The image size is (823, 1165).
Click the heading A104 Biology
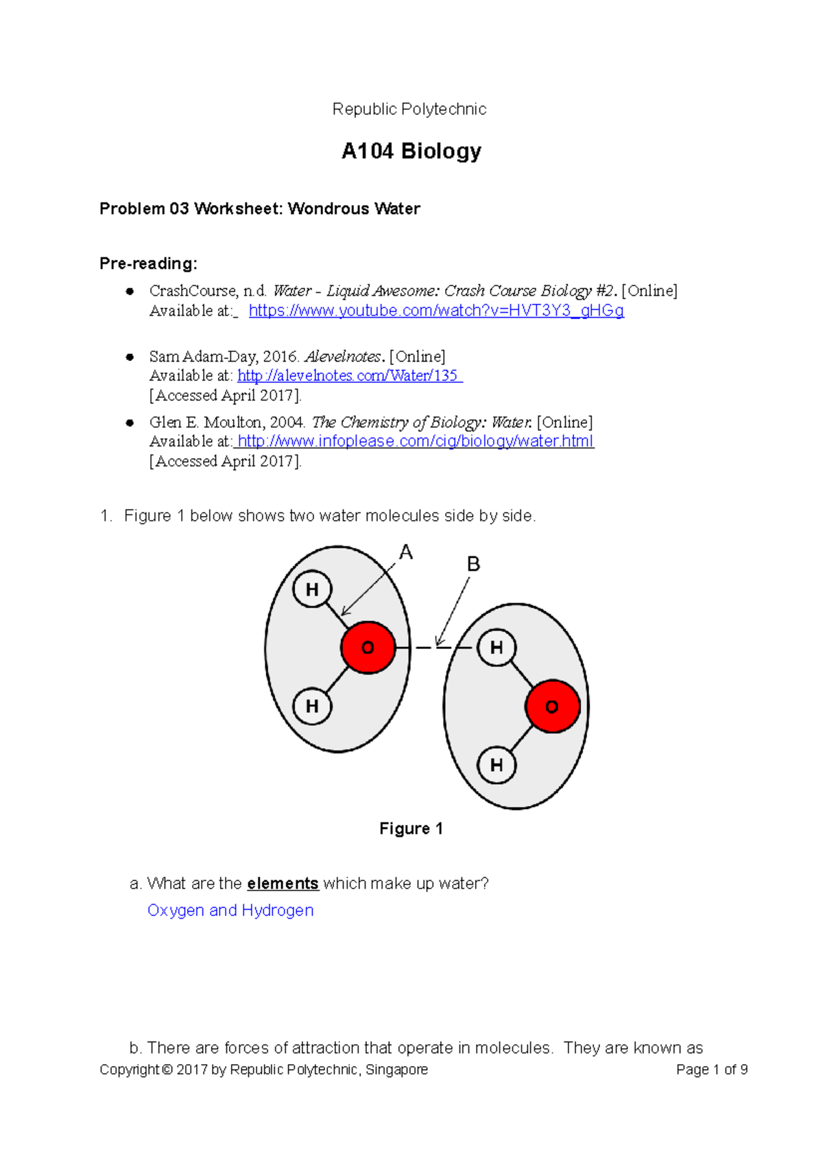(x=411, y=151)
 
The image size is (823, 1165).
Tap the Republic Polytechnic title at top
(x=409, y=109)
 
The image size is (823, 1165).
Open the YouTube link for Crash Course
(x=436, y=311)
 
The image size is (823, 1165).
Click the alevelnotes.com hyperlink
(x=349, y=376)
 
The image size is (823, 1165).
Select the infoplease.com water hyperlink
(x=415, y=441)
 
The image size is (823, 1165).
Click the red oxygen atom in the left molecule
(x=368, y=648)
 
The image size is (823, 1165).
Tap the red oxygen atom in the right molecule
(x=552, y=707)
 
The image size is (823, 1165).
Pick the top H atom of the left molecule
(x=312, y=589)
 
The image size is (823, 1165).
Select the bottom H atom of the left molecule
(x=312, y=706)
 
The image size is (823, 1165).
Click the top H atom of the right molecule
(x=497, y=648)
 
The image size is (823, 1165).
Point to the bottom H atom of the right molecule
(x=497, y=765)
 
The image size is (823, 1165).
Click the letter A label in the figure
(x=406, y=552)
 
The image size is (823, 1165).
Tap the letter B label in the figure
(x=473, y=564)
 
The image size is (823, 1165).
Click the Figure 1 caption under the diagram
(x=411, y=829)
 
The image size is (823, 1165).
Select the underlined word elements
(x=283, y=884)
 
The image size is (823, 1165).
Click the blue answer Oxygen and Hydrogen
(x=230, y=910)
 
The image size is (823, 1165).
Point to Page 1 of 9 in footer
(x=711, y=1070)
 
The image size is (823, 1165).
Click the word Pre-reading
(x=148, y=263)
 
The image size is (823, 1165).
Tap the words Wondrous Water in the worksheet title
(x=354, y=209)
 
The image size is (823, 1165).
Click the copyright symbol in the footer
(x=167, y=1070)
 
